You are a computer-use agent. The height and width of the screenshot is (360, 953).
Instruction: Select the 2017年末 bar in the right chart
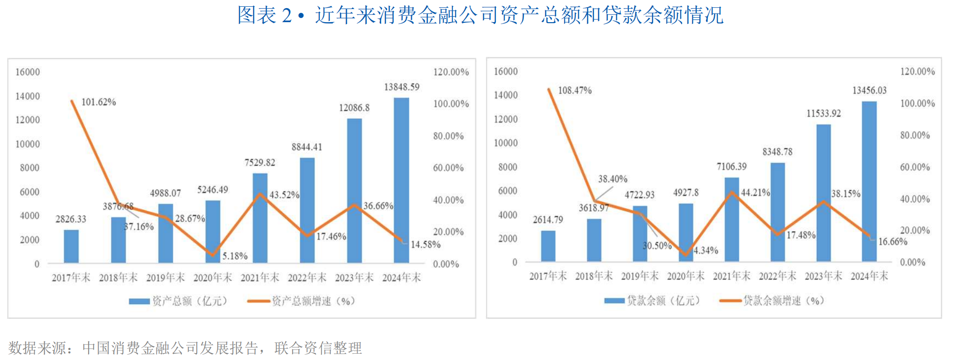(x=548, y=246)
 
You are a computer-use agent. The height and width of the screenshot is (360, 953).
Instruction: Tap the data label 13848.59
(x=401, y=87)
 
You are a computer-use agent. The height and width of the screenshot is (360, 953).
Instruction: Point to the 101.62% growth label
(x=99, y=102)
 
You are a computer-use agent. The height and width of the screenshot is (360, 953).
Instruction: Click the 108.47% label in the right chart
(x=575, y=90)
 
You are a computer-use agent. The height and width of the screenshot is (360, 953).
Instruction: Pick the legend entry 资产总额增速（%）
(x=302, y=301)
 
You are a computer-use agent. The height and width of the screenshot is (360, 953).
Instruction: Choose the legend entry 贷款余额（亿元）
(x=653, y=301)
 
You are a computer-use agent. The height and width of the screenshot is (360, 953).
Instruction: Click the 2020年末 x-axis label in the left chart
(x=212, y=278)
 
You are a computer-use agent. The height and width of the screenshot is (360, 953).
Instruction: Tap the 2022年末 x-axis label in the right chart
(x=777, y=276)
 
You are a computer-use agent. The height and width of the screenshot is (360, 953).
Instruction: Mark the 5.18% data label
(x=235, y=256)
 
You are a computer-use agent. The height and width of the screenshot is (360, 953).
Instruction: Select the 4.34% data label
(x=706, y=251)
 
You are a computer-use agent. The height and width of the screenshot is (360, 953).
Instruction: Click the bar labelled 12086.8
(x=354, y=190)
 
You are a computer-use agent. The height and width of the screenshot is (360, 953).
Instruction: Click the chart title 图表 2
(x=480, y=15)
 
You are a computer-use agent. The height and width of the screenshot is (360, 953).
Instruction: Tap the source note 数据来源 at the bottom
(x=184, y=348)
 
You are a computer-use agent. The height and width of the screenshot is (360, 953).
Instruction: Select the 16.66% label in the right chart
(x=892, y=242)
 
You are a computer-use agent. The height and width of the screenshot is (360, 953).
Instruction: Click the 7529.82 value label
(x=259, y=163)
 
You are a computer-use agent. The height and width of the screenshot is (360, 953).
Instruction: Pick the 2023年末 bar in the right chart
(x=823, y=193)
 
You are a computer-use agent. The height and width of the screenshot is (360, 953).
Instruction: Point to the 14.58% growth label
(x=425, y=245)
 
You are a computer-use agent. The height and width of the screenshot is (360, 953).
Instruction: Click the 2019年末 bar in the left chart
(x=165, y=233)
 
